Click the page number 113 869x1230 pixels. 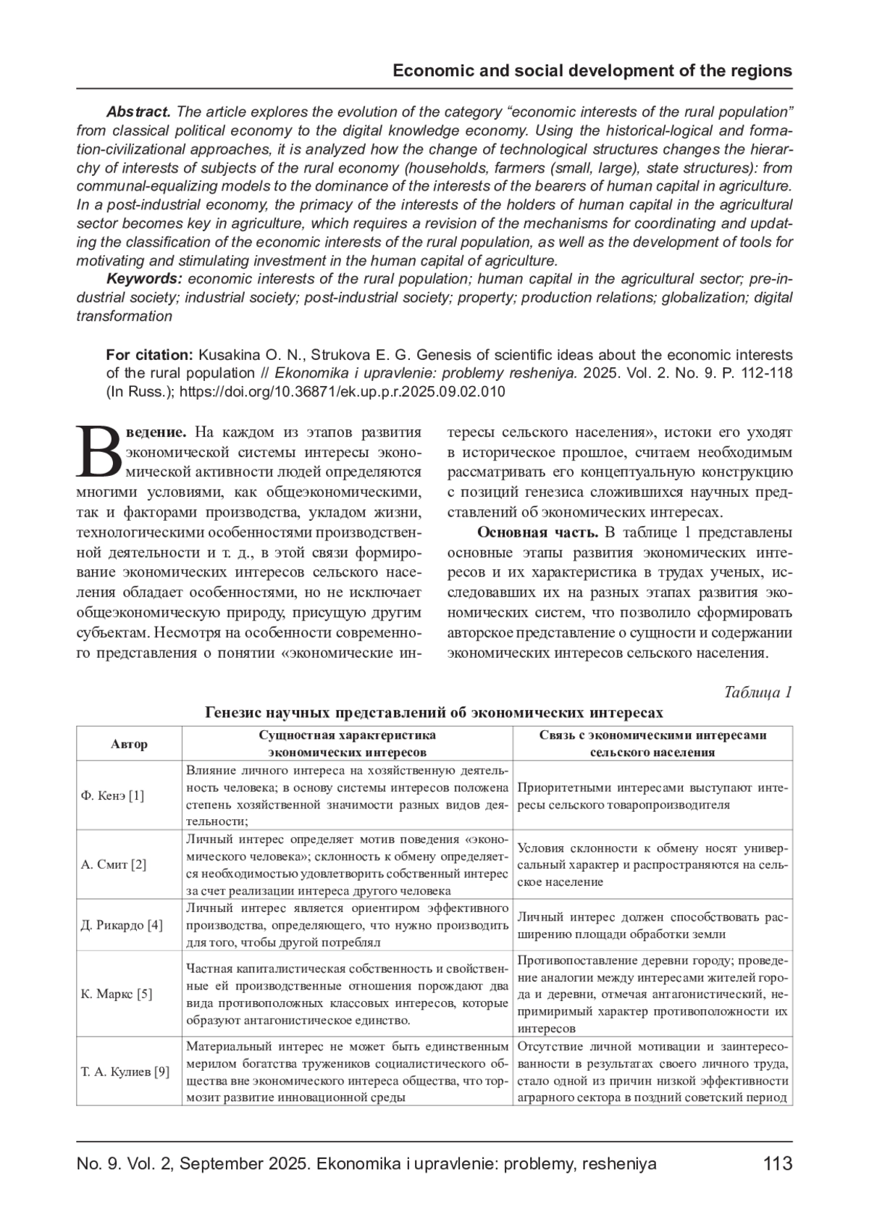coord(778,1164)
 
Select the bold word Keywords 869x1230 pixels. coord(143,279)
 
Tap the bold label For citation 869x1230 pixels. coord(149,355)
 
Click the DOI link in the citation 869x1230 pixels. coord(342,392)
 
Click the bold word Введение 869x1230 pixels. coord(156,432)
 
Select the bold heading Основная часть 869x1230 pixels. coord(537,532)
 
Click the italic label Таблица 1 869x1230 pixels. coord(757,692)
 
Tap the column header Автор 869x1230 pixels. coord(129,744)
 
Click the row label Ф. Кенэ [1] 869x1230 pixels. coord(112,795)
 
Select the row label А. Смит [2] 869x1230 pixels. coord(114,864)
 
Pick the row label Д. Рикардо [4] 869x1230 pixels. coord(122,925)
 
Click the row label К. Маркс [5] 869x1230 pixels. coord(117,994)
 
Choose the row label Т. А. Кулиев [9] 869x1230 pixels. coord(125,1071)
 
